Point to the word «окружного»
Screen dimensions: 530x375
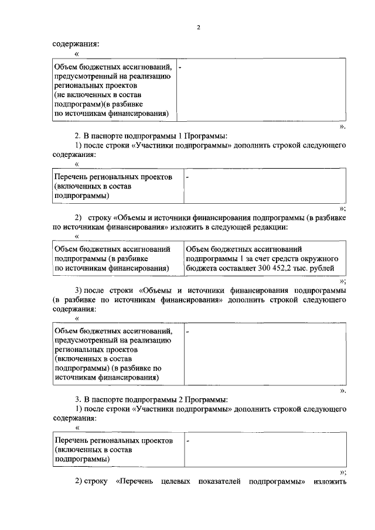point(321,258)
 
